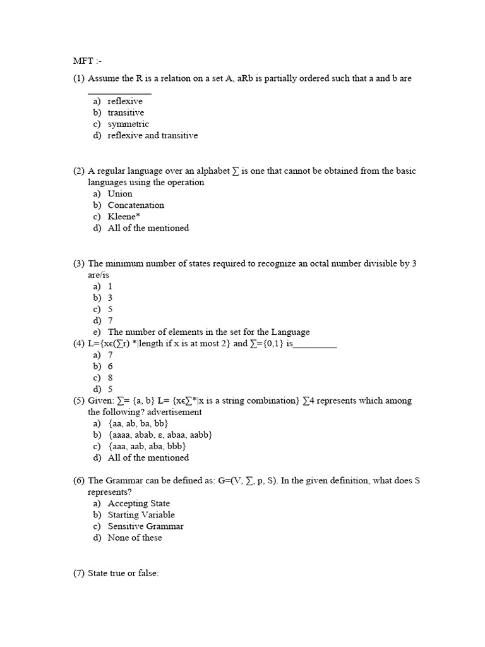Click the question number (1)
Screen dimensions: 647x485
79,78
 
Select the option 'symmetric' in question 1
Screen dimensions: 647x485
128,124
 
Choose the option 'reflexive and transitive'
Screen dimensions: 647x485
152,136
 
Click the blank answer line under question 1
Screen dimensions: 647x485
119,92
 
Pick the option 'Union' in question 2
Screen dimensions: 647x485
120,194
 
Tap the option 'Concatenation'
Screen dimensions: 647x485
136,205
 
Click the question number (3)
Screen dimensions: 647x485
79,263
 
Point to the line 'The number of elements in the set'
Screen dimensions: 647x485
208,332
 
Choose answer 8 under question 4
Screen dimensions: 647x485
111,378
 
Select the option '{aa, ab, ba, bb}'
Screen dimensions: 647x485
138,423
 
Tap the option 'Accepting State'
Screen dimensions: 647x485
138,504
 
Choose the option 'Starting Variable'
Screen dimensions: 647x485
141,515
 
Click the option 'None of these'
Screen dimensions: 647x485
135,538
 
